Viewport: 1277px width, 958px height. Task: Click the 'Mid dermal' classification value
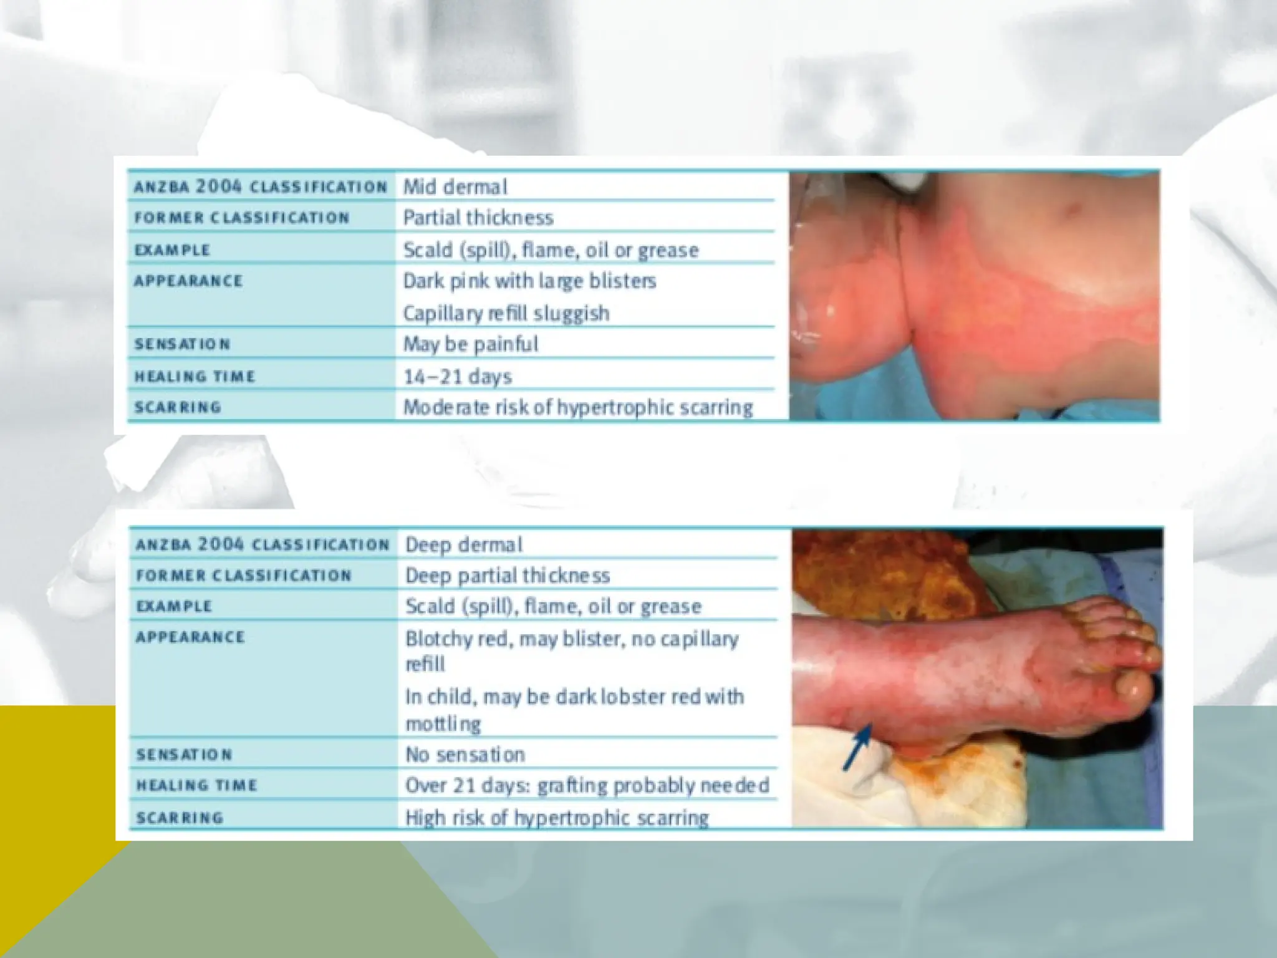[x=455, y=186]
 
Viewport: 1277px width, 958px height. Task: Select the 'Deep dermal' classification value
[x=464, y=544]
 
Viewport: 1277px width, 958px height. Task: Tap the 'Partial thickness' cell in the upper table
[x=478, y=218]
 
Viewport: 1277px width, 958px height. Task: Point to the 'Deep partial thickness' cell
[x=508, y=575]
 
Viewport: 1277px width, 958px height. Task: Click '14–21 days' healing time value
[x=458, y=377]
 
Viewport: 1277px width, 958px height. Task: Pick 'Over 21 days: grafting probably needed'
[x=587, y=785]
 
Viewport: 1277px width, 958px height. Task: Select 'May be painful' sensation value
[x=471, y=344]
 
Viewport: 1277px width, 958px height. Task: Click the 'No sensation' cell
[x=465, y=755]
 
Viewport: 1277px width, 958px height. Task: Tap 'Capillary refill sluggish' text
[x=506, y=313]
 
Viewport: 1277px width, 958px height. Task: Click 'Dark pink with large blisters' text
[x=529, y=281]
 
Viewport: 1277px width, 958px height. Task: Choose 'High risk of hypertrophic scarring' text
[x=557, y=818]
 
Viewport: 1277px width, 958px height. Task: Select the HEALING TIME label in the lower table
[x=196, y=785]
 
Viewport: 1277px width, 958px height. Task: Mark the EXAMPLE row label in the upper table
[x=173, y=250]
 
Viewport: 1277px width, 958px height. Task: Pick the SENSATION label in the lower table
[x=184, y=755]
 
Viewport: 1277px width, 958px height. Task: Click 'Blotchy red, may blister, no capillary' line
[x=572, y=639]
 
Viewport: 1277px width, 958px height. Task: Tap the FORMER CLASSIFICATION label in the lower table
[x=244, y=575]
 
